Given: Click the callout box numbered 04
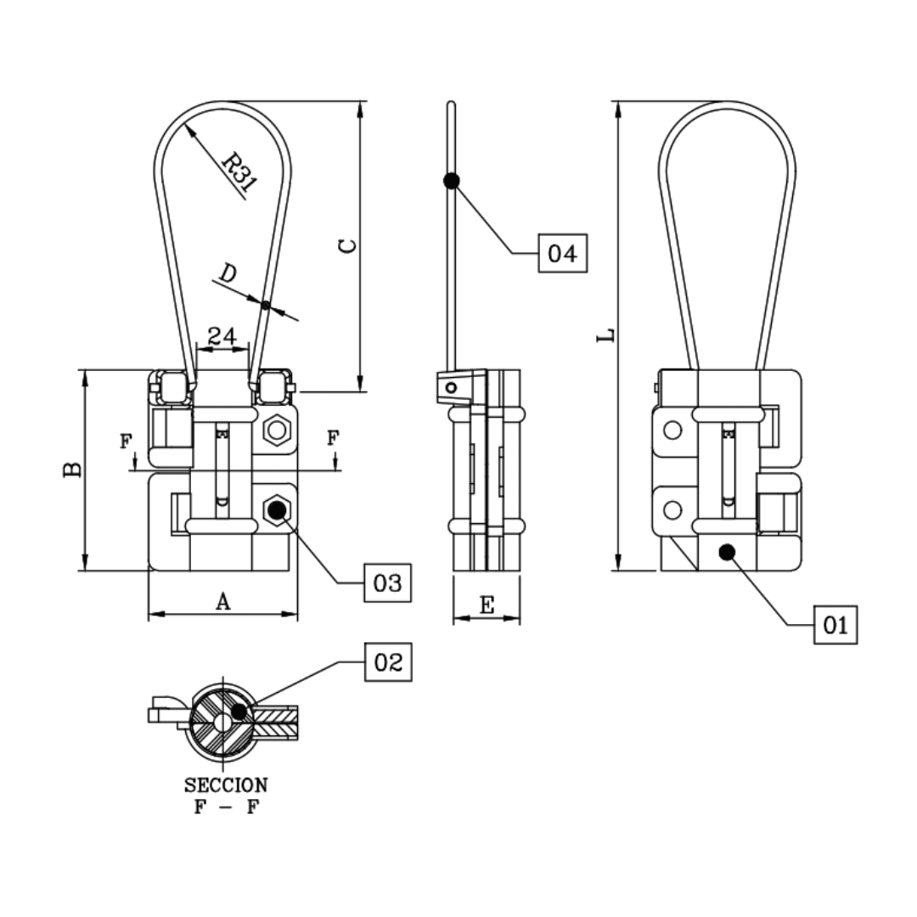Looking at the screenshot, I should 562,253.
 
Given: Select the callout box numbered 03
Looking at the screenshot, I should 387,582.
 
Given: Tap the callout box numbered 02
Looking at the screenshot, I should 388,662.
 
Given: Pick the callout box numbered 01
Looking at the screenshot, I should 835,626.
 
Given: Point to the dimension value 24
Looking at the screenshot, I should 222,335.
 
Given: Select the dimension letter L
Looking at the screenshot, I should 605,336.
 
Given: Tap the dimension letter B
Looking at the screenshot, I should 73,470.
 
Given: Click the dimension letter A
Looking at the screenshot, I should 222,601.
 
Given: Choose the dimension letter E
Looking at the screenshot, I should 487,605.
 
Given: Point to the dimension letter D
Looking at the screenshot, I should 227,273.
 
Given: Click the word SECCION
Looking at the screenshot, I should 225,785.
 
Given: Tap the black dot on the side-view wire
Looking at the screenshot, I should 452,180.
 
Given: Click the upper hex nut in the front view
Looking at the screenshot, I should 275,430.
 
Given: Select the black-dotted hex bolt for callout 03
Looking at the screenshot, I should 275,510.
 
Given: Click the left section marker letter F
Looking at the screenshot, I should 126,441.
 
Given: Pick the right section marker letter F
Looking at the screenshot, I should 333,437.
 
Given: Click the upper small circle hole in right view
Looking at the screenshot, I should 672,430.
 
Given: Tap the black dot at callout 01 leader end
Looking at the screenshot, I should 726,552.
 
